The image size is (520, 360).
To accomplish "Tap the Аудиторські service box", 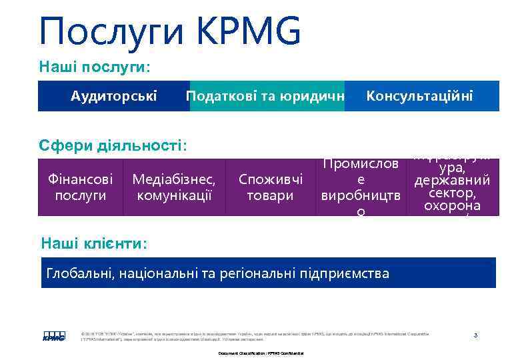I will (x=114, y=96).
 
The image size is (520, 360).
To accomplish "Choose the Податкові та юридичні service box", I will (x=267, y=96).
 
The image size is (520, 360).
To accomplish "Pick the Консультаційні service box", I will (x=420, y=96).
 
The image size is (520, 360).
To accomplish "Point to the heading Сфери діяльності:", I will (x=113, y=145).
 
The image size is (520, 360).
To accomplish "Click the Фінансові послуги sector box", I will (x=81, y=187).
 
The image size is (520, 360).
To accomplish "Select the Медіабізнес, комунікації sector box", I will (x=174, y=187).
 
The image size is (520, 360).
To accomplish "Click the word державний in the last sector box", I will (x=453, y=180).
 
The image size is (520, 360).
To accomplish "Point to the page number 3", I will (x=475, y=334).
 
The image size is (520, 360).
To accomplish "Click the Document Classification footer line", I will (x=261, y=352).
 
